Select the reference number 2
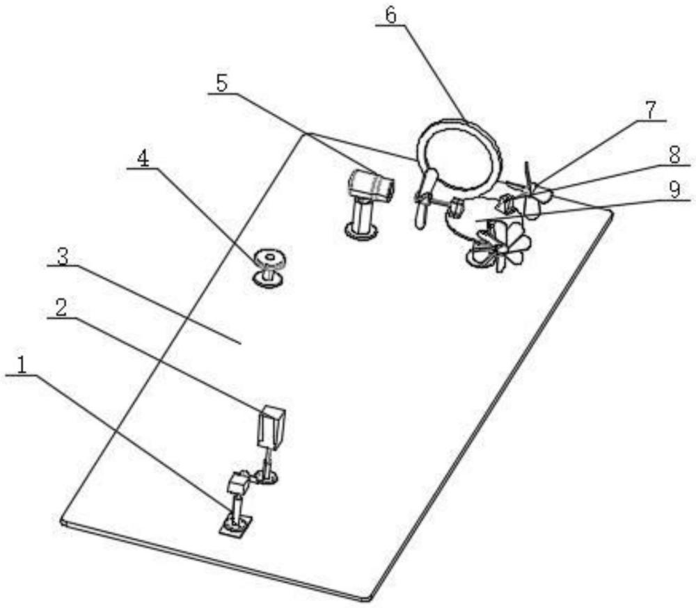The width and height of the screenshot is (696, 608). pos(61,307)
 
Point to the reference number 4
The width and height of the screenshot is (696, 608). pos(142,158)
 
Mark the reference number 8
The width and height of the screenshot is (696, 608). pos(673,155)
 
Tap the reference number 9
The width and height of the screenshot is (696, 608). pos(673,190)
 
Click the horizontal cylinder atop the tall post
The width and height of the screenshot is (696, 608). pos(370,185)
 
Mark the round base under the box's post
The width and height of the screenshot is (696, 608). pos(266,477)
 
